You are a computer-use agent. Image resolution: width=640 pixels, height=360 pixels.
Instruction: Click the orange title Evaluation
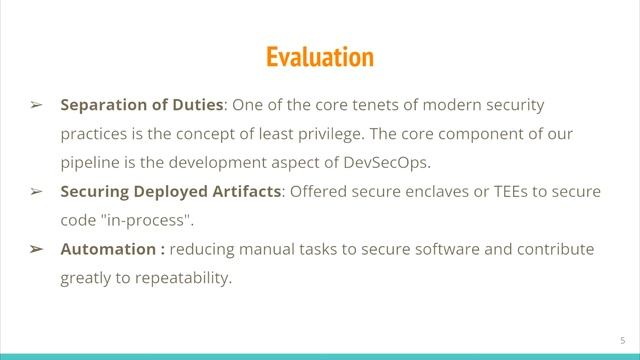coord(319,57)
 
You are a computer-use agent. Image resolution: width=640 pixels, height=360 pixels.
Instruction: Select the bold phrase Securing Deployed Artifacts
coord(171,191)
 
